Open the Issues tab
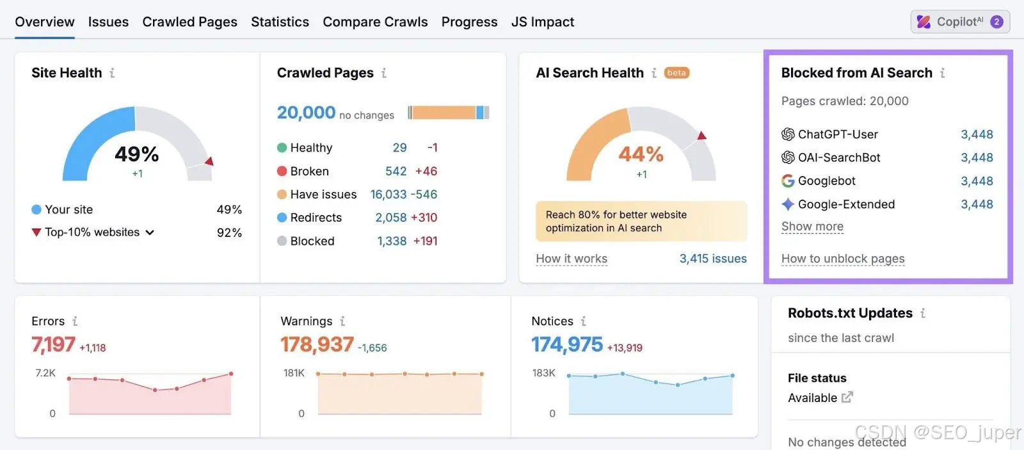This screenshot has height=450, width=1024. pyautogui.click(x=108, y=22)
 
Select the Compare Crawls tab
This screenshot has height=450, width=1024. pyautogui.click(x=375, y=22)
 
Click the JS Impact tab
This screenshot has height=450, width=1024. pyautogui.click(x=543, y=22)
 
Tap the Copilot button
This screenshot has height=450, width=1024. pyautogui.click(x=960, y=22)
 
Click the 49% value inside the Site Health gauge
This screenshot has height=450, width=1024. pyautogui.click(x=137, y=154)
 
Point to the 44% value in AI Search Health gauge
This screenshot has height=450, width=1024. pyautogui.click(x=641, y=154)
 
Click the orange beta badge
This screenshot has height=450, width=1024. pyautogui.click(x=676, y=73)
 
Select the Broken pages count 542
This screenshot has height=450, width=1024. pyautogui.click(x=396, y=171)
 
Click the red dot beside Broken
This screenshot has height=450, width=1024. pyautogui.click(x=282, y=171)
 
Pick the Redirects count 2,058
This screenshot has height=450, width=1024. pyautogui.click(x=391, y=218)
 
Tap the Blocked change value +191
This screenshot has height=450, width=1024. pyautogui.click(x=425, y=241)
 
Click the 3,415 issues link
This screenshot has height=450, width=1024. pyautogui.click(x=713, y=259)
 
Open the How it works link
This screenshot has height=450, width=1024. pyautogui.click(x=572, y=259)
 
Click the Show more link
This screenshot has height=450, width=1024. pyautogui.click(x=812, y=227)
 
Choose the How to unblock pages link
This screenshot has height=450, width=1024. pyautogui.click(x=843, y=259)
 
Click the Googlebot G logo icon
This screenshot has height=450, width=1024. pyautogui.click(x=788, y=181)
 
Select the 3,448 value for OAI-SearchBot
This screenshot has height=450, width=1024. pyautogui.click(x=977, y=157)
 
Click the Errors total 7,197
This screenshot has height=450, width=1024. pyautogui.click(x=53, y=344)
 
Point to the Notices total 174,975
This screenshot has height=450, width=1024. pyautogui.click(x=567, y=344)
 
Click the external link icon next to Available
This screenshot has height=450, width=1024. pyautogui.click(x=847, y=397)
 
